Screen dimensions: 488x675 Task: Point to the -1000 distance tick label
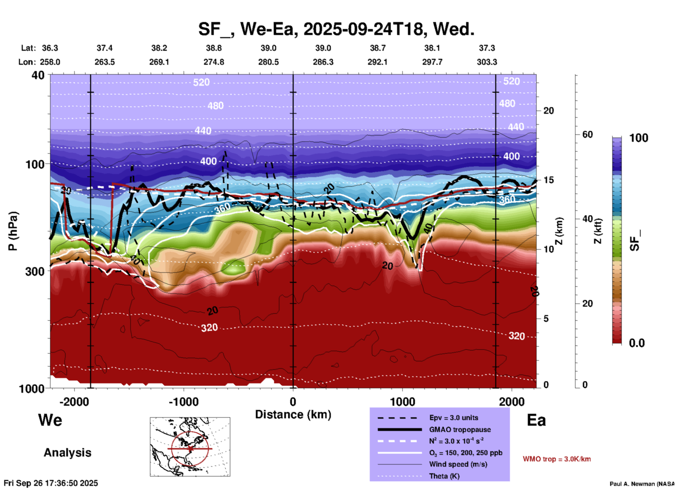point(184,402)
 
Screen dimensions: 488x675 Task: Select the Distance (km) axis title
point(293,414)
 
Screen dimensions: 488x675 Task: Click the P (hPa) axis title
point(13,231)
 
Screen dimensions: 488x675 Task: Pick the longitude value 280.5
point(268,62)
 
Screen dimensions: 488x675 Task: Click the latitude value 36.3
point(50,48)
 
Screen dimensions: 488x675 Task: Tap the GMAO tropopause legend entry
point(460,430)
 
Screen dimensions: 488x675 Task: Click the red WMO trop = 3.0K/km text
point(557,459)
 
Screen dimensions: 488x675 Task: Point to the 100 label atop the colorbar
point(639,138)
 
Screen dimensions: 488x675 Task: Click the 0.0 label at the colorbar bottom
point(637,343)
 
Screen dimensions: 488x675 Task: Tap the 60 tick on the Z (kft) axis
point(587,134)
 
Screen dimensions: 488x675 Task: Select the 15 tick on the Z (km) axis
point(548,180)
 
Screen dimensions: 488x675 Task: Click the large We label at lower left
point(50,420)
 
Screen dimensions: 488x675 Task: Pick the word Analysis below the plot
point(67,453)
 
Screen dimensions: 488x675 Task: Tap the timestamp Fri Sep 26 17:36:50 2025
point(51,483)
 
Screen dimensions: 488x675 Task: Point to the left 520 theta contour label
point(201,82)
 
